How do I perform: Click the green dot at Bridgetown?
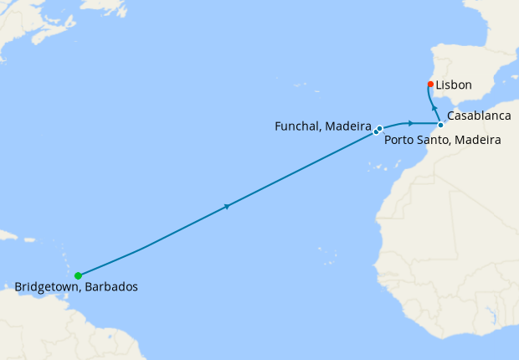pyautogui.click(x=78, y=275)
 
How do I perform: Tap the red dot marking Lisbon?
pyautogui.click(x=430, y=84)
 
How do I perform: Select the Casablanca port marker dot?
pyautogui.click(x=440, y=126)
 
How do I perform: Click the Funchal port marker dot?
pyautogui.click(x=376, y=131)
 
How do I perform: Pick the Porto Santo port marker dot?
pyautogui.click(x=380, y=128)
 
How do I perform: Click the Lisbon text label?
pyautogui.click(x=455, y=85)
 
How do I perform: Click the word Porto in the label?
pyautogui.click(x=400, y=140)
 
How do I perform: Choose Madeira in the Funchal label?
pyautogui.click(x=347, y=126)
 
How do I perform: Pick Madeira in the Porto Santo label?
pyautogui.click(x=479, y=140)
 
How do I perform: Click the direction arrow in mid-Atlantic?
pyautogui.click(x=227, y=205)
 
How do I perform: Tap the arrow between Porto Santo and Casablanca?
pyautogui.click(x=411, y=123)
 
